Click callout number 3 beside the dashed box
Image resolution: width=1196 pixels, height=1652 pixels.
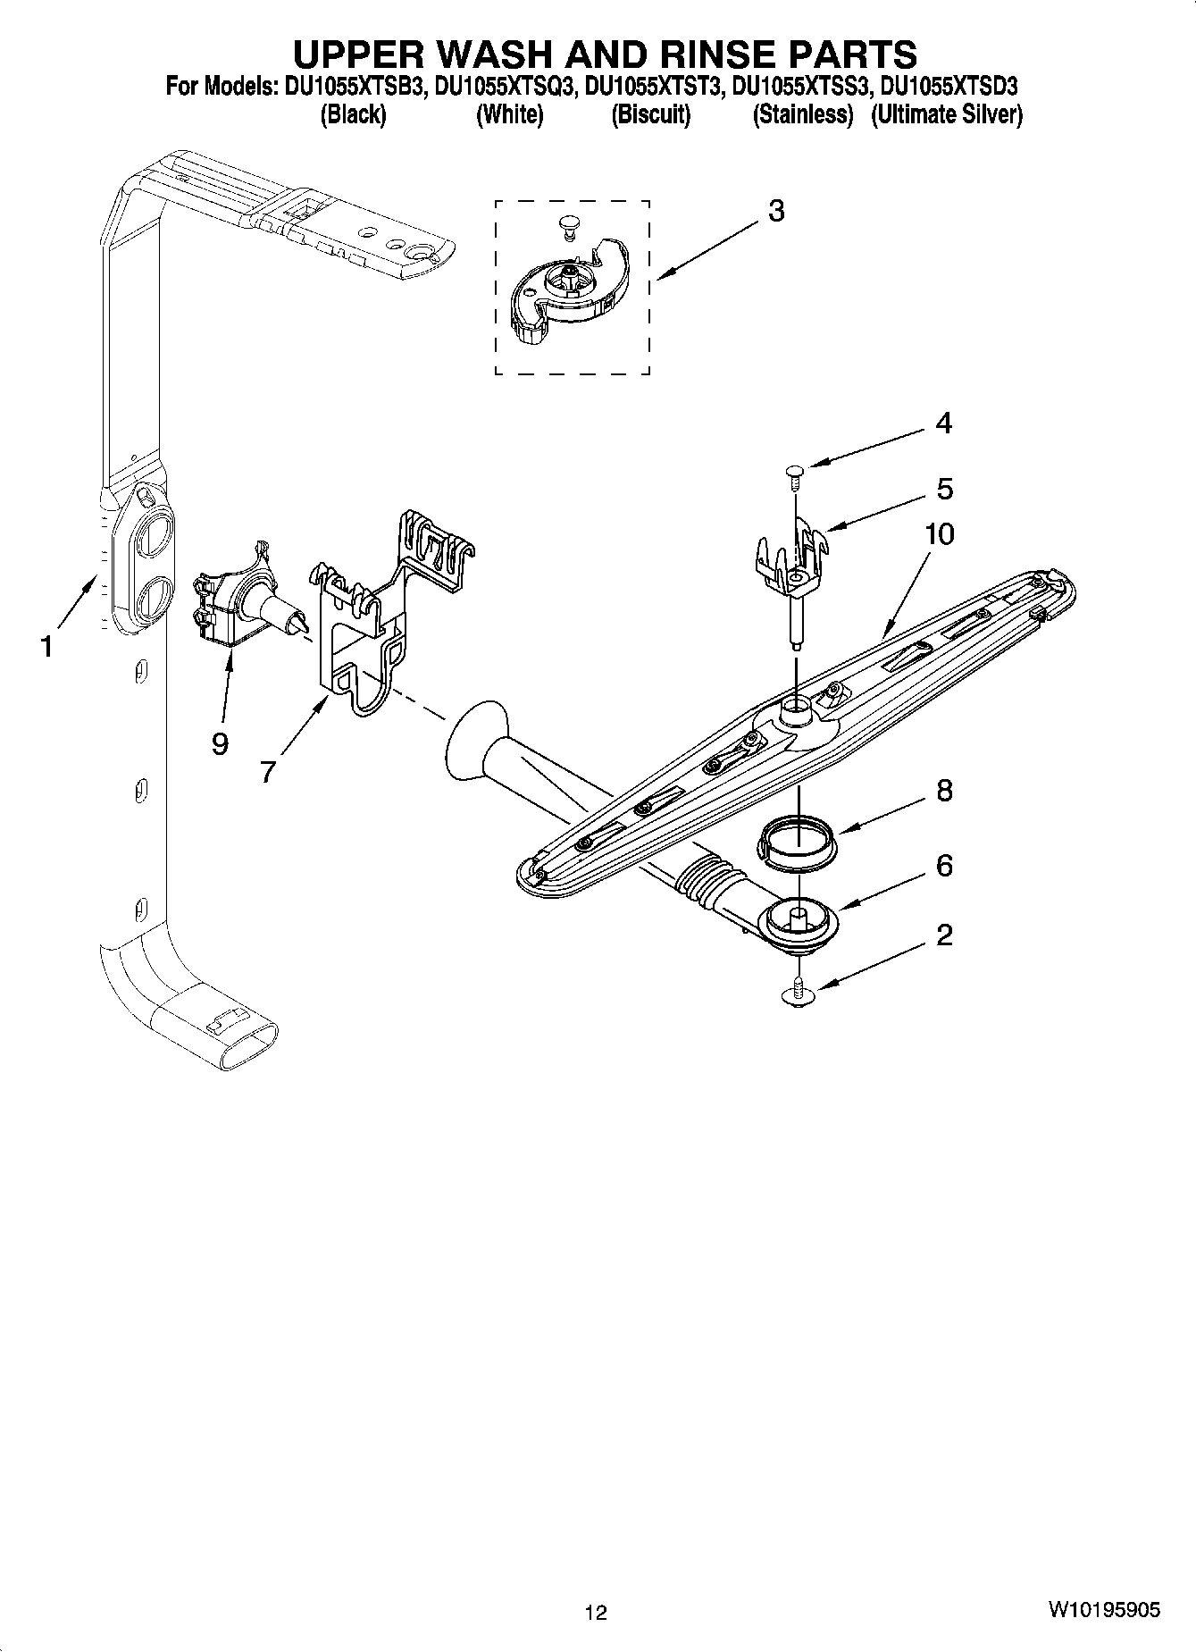coord(775,212)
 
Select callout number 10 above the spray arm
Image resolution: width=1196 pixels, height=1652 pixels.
coord(939,534)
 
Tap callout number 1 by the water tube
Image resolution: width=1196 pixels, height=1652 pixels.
coord(46,646)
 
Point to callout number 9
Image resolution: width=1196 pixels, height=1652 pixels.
coord(220,742)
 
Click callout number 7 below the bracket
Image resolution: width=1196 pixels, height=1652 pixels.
coord(268,770)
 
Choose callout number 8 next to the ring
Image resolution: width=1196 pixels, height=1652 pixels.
coord(944,791)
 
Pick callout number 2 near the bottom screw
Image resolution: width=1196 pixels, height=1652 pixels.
coord(944,935)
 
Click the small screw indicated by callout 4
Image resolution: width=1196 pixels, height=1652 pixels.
coord(793,473)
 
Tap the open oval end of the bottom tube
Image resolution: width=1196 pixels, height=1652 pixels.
coord(247,1045)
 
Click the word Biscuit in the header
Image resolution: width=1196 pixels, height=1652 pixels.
coord(650,114)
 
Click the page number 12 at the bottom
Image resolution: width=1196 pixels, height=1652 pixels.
coord(596,1612)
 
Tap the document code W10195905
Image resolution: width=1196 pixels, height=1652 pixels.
coord(1104,1610)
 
